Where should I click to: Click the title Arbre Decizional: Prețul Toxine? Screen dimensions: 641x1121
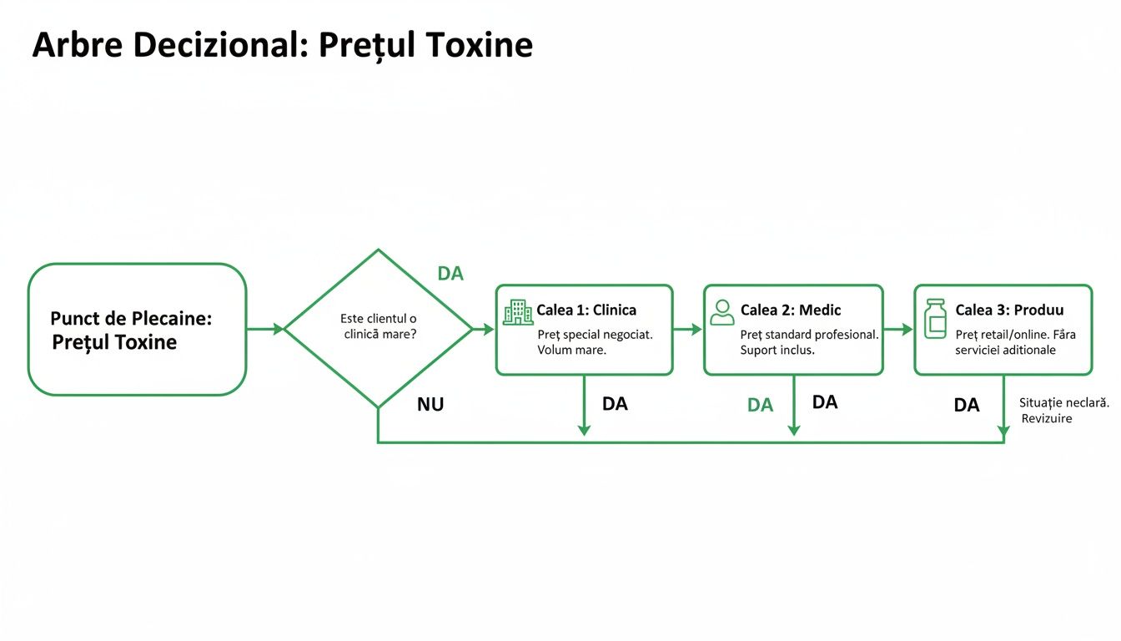click(x=282, y=45)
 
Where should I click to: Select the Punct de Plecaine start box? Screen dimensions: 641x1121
click(x=137, y=329)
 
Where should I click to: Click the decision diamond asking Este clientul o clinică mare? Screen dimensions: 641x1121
click(x=379, y=328)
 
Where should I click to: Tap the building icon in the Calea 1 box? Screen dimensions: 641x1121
click(x=517, y=312)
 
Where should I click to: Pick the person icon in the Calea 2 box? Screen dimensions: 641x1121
click(x=721, y=312)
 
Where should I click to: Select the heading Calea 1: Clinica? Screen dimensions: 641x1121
click(x=586, y=310)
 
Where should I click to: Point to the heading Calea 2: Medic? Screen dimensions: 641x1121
click(x=791, y=310)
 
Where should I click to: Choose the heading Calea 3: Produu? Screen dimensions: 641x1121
click(x=1009, y=310)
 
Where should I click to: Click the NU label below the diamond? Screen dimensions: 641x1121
click(x=430, y=405)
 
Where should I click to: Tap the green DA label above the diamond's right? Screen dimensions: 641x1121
click(x=450, y=273)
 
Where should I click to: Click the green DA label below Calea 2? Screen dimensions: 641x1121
click(x=760, y=406)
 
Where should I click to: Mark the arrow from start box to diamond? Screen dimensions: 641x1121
click(x=265, y=329)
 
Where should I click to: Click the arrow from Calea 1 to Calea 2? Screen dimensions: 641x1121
click(x=688, y=330)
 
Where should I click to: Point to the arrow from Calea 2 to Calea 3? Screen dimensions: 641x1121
click(x=898, y=330)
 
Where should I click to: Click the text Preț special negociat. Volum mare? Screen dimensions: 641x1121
click(x=595, y=342)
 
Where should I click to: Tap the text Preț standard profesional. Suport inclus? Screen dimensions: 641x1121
click(x=809, y=342)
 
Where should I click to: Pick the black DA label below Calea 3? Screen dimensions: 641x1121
click(x=966, y=406)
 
